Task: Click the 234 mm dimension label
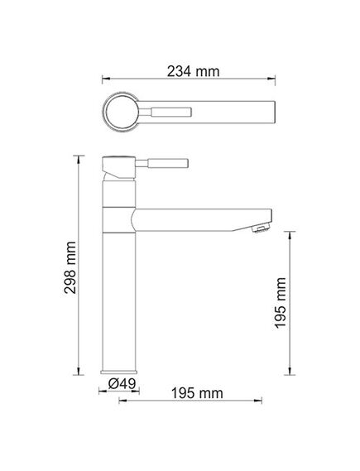tap(193, 71)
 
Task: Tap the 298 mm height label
tap(70, 267)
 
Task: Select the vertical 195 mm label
tap(280, 303)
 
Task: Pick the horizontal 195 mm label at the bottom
tap(197, 393)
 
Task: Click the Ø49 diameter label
tap(122, 383)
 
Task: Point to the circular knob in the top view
tap(121, 113)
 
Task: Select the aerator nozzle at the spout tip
tap(262, 228)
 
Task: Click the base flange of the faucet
tap(119, 372)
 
